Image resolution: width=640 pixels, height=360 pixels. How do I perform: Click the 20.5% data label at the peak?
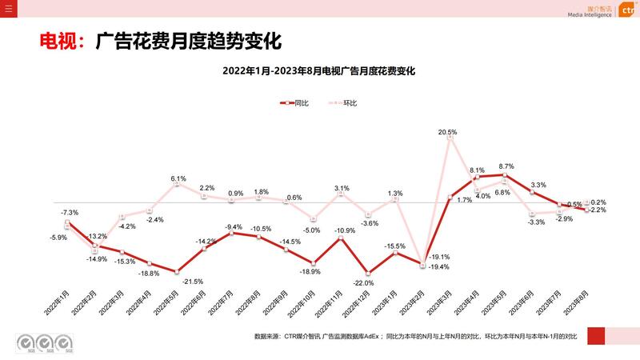point(447,132)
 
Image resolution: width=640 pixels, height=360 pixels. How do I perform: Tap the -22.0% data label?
point(364,283)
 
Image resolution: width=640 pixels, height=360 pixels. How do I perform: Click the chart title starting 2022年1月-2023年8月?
point(319,71)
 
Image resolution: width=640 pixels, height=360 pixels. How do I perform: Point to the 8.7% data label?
point(506,166)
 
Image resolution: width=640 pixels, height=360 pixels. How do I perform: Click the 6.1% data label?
point(178,178)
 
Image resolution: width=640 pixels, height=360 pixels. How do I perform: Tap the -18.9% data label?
point(310,272)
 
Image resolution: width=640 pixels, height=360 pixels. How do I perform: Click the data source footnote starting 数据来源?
point(414,337)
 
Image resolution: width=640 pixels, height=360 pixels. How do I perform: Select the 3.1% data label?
point(342,188)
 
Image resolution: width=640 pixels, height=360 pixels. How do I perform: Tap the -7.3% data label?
point(70,212)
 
